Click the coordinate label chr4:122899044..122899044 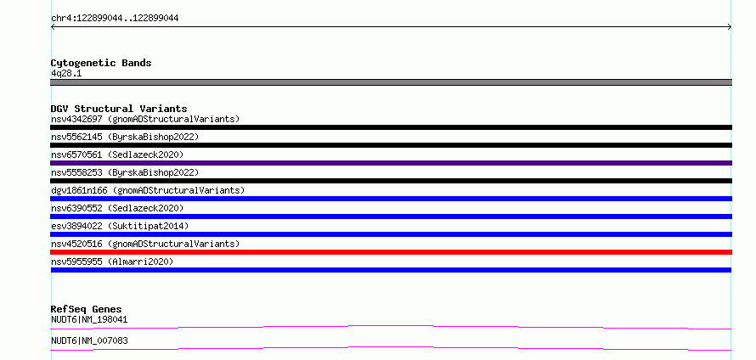[x=115, y=19]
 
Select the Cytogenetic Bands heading [x=101, y=63]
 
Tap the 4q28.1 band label [x=66, y=73]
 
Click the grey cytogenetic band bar [x=391, y=82]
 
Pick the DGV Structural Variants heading [x=119, y=109]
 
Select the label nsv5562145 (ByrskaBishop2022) [x=125, y=137]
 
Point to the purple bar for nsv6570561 [x=391, y=163]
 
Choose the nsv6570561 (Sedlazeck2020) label [x=117, y=155]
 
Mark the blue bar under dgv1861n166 [x=391, y=199]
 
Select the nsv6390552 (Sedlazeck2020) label [x=117, y=208]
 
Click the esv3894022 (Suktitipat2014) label [x=120, y=226]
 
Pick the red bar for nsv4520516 [x=391, y=252]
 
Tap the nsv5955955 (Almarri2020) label [x=112, y=262]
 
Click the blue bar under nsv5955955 [x=391, y=270]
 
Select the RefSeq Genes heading [x=87, y=309]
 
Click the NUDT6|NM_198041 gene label [x=89, y=319]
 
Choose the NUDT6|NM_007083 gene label [x=89, y=340]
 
